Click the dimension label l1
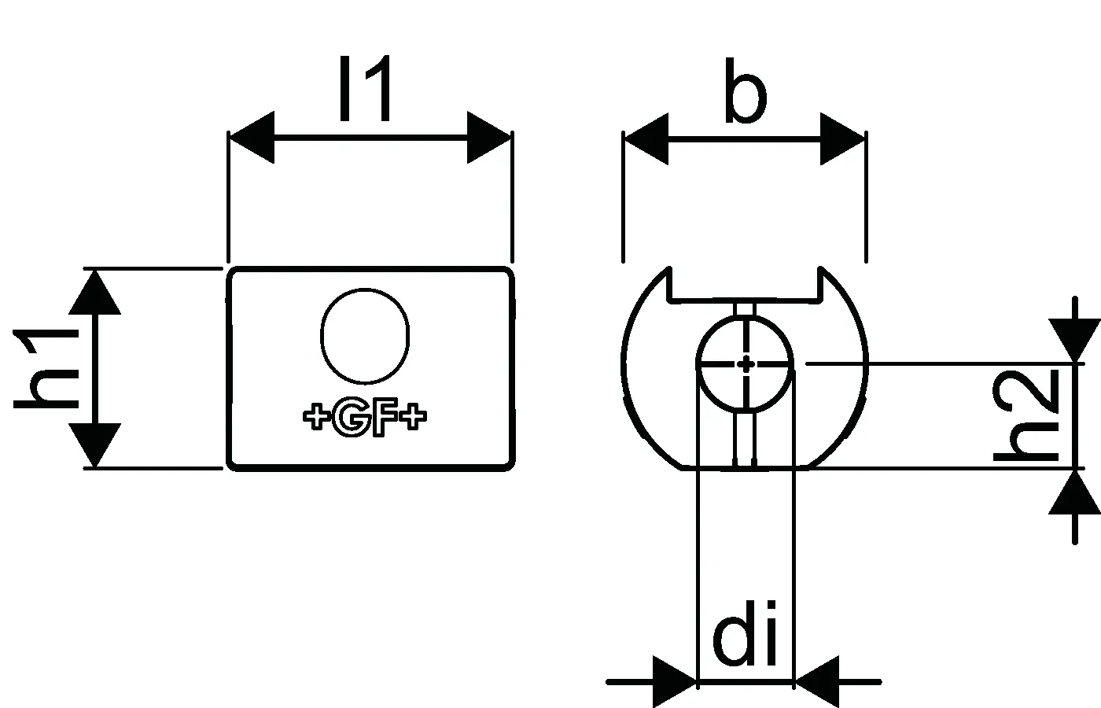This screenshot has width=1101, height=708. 366,88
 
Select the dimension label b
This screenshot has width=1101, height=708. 746,91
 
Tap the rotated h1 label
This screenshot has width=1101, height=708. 46,370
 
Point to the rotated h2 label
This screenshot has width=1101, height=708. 1026,416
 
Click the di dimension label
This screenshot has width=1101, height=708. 745,632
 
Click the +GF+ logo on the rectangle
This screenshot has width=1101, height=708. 365,418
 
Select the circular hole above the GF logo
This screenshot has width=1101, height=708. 365,336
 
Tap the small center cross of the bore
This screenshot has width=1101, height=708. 746,364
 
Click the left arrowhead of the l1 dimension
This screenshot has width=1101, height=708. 252,137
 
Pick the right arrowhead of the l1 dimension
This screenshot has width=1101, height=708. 489,137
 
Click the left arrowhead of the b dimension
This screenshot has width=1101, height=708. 646,139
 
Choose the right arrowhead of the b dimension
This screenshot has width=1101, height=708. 842,139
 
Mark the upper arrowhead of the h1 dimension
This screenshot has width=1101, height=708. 94,293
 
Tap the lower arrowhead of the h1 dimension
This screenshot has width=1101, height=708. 94,445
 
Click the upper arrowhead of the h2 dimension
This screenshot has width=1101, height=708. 1074,340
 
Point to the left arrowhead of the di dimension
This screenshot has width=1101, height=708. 675,681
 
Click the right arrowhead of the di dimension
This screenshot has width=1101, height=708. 817,681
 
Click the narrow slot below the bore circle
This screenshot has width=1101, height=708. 745,437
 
